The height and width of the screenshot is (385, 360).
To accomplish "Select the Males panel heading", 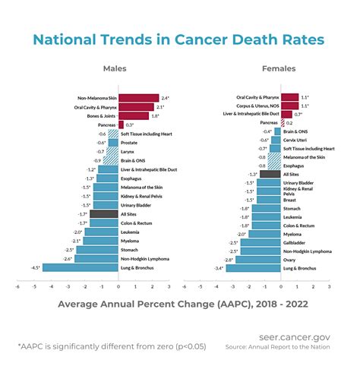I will (115, 68).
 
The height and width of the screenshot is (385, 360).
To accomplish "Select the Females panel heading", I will (279, 68).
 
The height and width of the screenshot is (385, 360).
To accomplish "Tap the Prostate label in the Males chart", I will (130, 143).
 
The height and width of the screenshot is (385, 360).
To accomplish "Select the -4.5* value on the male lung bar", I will (35, 267).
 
